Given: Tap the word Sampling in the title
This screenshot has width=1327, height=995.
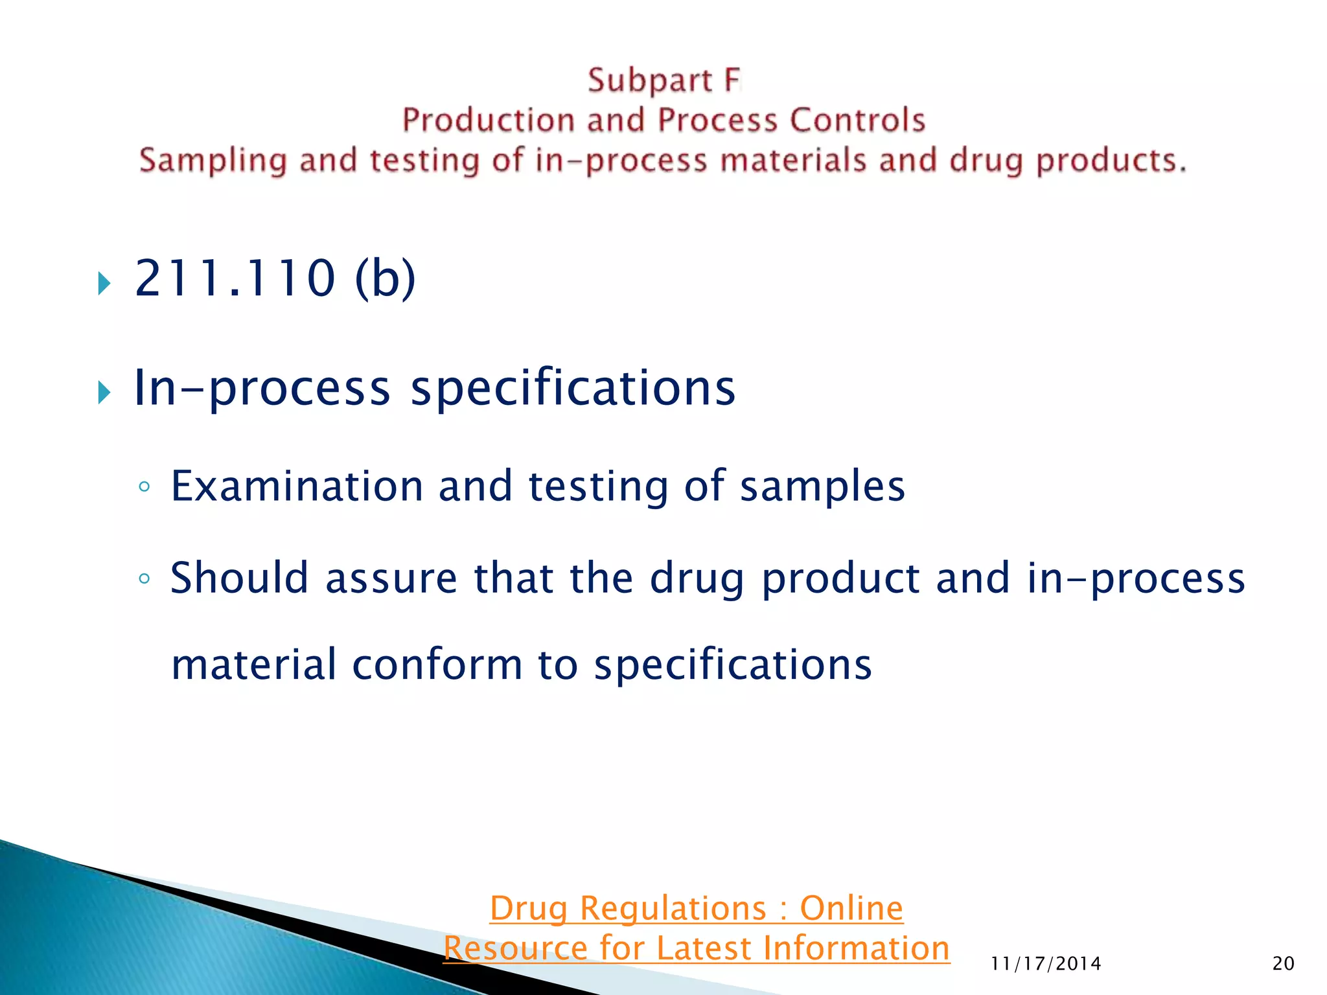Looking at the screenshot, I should coord(213,161).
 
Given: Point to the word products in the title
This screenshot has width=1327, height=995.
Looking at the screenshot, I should coord(1111,161).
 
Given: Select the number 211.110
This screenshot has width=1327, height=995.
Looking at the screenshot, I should coord(235,279).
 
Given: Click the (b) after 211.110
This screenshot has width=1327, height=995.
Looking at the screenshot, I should coord(385,279).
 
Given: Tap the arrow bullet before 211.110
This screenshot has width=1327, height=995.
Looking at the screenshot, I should coord(104,283).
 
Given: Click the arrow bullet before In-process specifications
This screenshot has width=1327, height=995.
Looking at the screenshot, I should coord(104,393).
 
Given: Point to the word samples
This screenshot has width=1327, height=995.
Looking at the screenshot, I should coord(822,487).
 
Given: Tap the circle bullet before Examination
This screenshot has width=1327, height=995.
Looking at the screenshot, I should coord(144,487).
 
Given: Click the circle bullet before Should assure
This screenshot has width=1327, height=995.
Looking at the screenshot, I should coord(144,578).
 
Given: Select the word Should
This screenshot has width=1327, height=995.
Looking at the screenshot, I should coord(239,578).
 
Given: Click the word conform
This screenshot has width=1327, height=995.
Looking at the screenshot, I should coord(437,665).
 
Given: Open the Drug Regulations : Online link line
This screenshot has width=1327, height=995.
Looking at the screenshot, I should coord(696,908).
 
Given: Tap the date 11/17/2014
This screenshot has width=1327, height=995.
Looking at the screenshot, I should coord(1046,964).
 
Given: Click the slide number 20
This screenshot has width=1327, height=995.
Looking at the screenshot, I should coord(1283,964).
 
